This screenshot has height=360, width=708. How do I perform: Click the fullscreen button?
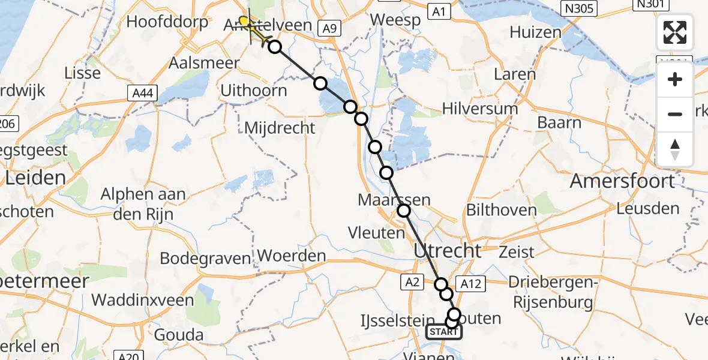(675, 32)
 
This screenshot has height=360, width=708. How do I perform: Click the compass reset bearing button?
(675, 149)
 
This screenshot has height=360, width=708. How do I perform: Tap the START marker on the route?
(444, 332)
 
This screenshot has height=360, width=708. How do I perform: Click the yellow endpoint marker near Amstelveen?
(244, 22)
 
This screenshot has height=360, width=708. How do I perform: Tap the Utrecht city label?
(447, 251)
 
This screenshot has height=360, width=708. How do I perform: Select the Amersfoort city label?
(622, 181)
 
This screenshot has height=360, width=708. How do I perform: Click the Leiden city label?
(35, 178)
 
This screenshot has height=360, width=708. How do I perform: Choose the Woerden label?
(294, 256)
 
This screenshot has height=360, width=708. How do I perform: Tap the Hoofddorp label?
(167, 23)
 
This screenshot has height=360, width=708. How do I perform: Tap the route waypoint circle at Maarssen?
(404, 211)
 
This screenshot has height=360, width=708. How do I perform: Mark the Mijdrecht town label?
(280, 127)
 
